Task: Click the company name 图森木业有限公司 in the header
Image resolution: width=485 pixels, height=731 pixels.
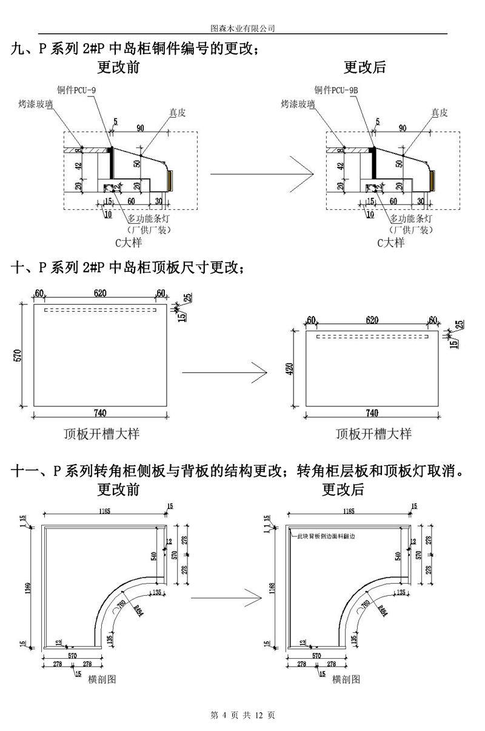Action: coord(242,28)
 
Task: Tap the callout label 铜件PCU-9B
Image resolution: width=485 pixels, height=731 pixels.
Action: coord(336,90)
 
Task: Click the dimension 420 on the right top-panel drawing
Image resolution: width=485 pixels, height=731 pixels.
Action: coord(290,368)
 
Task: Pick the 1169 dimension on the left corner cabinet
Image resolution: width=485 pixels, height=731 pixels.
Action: coord(28,587)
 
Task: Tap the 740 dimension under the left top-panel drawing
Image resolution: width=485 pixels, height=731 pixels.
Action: coord(100,414)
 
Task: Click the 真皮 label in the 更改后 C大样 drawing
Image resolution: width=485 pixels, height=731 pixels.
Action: coord(440,112)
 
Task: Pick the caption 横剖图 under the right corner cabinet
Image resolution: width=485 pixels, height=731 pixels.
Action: coord(346,679)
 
